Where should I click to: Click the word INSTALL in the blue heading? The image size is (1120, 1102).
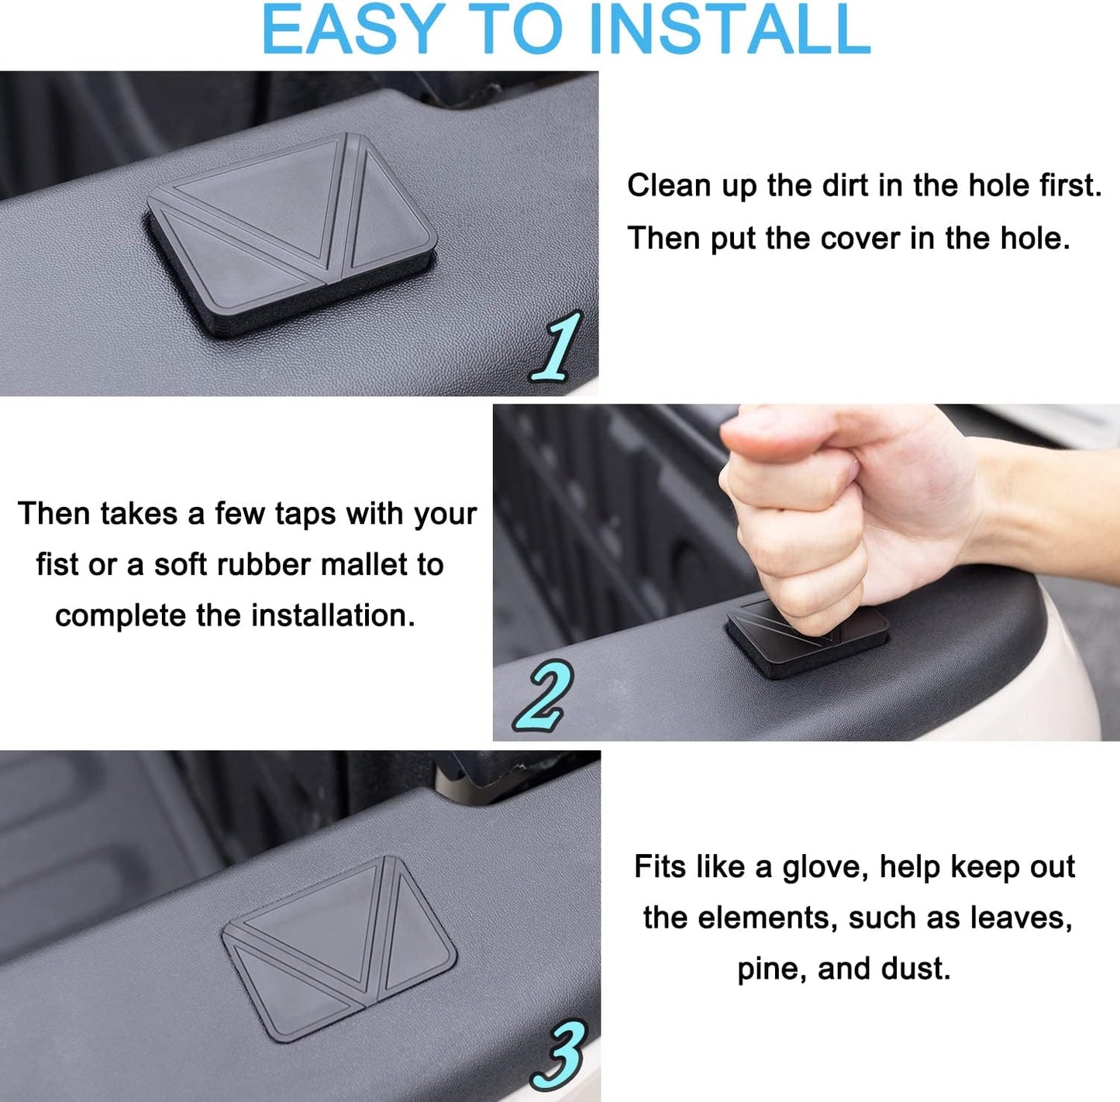730,29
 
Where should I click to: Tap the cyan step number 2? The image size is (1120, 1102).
543,695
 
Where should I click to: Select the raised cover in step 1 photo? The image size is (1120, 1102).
291,236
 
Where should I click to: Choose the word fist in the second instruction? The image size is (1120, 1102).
56,565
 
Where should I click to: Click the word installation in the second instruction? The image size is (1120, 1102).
333,616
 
